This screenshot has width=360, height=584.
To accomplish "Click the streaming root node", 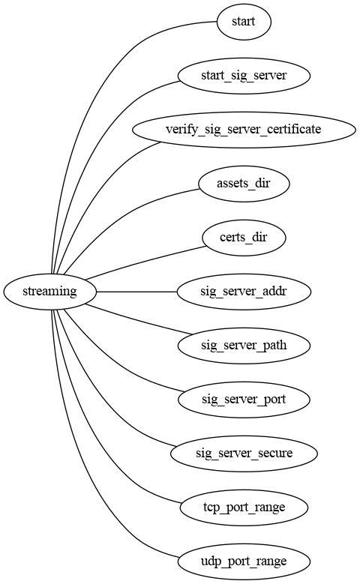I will pos(50,292).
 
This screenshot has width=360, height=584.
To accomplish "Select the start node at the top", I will pos(243,22).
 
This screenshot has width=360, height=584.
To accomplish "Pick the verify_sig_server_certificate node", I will pos(243,130).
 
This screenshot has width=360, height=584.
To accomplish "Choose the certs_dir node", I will pos(243,238).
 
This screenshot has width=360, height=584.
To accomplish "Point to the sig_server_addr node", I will pos(243,292).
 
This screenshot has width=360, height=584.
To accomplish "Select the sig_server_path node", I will pos(243,346).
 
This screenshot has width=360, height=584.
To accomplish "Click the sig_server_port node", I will pos(243,400).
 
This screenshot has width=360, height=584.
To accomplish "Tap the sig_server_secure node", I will pos(243,454).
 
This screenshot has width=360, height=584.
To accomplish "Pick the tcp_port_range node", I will pos(243,508).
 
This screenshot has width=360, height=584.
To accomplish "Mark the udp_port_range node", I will pos(243,562).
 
